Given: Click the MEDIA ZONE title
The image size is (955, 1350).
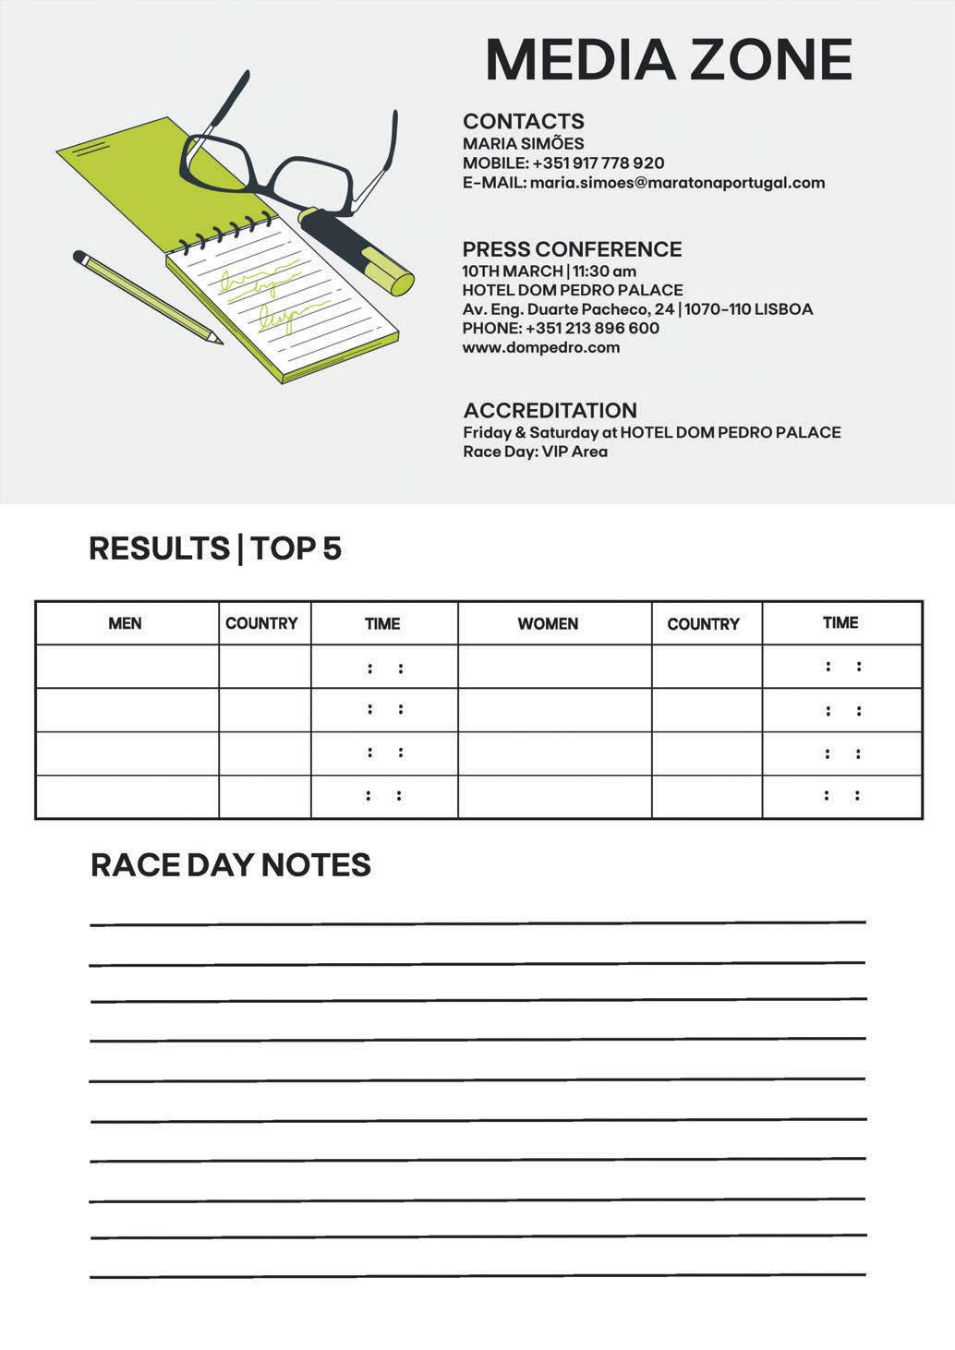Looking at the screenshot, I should coord(668,60).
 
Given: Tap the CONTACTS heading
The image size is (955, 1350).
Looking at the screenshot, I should coord(523,121).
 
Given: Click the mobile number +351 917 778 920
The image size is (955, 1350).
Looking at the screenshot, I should coord(598,163).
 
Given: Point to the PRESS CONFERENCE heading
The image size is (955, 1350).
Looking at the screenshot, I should coord(572,249).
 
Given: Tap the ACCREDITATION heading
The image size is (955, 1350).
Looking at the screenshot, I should coord(550,410).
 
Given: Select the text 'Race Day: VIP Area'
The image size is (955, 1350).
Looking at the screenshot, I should coord(535,452).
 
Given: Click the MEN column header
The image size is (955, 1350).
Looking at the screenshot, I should coord(125,623).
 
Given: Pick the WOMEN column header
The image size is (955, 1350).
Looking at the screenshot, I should coord(548,623).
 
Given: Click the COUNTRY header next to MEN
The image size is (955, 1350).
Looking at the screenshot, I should coord(261,623).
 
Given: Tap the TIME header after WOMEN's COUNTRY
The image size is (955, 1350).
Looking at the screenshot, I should coord(840,622).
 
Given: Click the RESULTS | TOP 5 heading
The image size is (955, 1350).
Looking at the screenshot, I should coord(215,548).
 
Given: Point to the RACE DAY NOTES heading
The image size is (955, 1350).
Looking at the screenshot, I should coord(231,865).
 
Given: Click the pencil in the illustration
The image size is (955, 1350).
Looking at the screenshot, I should coord(148,297).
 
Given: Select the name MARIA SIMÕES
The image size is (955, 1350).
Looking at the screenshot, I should coord(523,143).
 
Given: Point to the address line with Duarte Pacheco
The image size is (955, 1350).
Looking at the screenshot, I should coord(637,309).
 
